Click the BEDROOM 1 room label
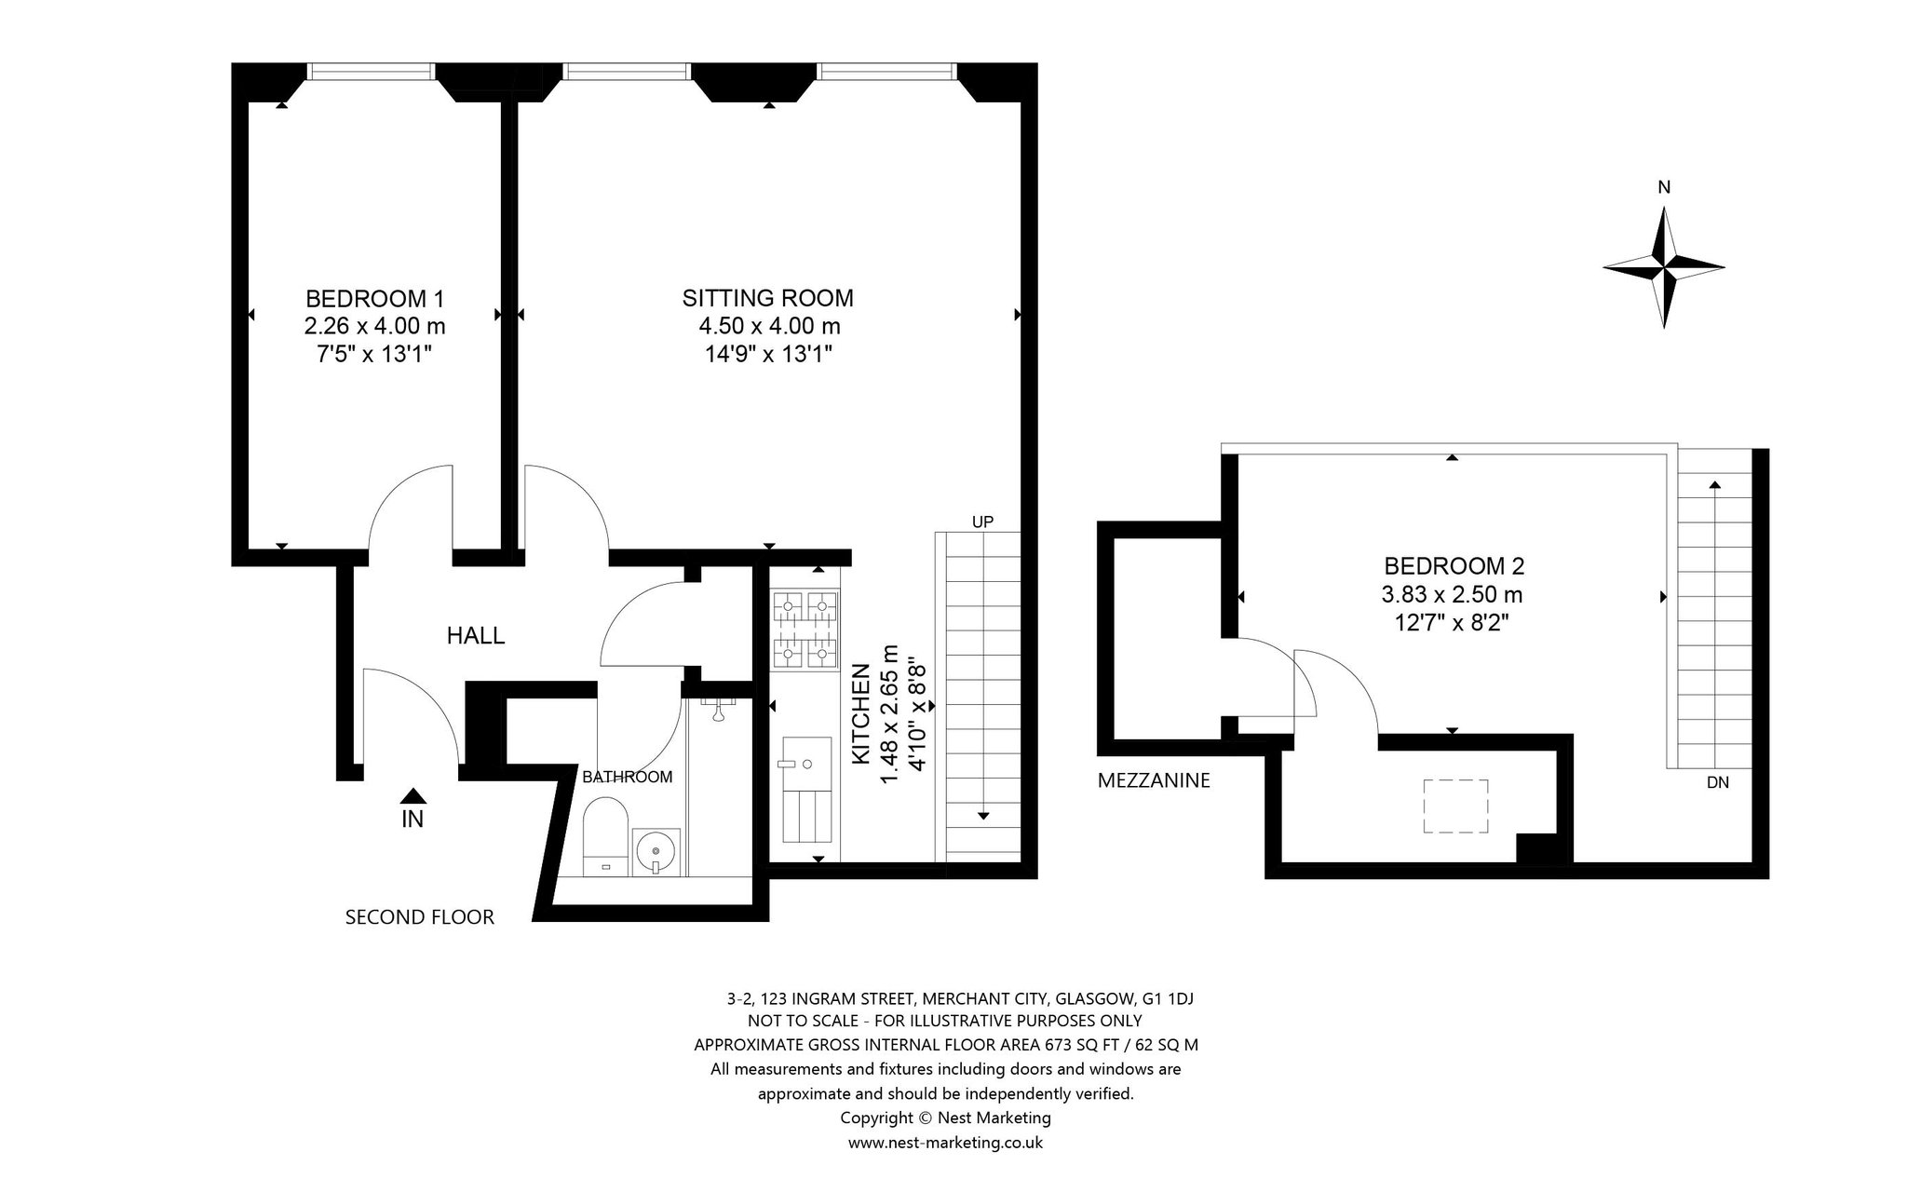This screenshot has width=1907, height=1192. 374,299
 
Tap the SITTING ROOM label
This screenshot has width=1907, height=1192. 768,299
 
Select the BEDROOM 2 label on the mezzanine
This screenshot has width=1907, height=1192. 1454,566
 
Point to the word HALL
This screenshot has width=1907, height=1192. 476,636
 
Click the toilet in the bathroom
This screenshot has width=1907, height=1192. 605,836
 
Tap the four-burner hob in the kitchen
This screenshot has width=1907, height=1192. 805,630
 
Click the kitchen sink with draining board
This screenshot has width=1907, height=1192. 805,790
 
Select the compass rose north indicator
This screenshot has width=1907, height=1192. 1664,267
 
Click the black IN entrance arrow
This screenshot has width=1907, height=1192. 413,796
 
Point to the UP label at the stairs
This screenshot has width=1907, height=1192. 983,522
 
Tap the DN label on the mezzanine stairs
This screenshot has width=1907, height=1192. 1718,783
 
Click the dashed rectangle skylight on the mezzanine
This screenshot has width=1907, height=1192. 1455,806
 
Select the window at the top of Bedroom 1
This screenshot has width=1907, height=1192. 372,72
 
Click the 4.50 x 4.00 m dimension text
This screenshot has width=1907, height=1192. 770,327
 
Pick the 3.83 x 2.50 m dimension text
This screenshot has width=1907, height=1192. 1453,594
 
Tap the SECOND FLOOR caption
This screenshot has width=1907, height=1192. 420,917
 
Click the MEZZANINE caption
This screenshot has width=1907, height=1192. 1154,781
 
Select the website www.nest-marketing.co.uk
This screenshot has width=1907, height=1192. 945,1143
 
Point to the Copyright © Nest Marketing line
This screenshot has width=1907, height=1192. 945,1117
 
